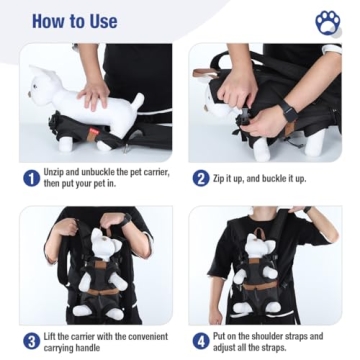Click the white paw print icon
(327, 22)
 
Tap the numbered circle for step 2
(201, 178)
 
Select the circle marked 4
(201, 341)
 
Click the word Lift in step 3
(56, 336)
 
